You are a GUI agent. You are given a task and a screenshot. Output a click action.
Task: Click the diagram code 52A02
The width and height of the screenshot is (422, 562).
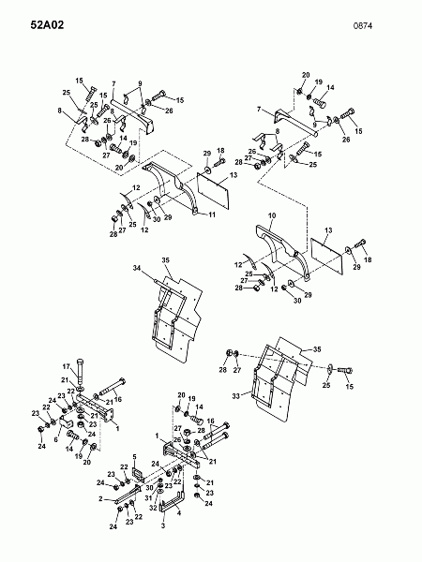tap(47, 25)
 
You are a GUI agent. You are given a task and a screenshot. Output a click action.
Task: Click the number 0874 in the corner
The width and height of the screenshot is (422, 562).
tap(362, 26)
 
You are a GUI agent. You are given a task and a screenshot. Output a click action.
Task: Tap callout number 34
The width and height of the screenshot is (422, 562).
tap(137, 268)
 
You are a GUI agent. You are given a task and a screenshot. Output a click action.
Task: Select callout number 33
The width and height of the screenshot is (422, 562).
tap(235, 396)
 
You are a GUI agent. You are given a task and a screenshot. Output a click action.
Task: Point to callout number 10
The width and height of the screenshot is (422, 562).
tap(272, 215)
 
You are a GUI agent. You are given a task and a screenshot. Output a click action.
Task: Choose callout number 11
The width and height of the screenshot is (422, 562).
tap(212, 214)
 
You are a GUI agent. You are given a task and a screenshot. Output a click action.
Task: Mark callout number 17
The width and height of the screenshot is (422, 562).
tap(67, 366)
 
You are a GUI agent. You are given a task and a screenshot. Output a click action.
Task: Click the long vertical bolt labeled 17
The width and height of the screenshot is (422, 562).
tap(80, 371)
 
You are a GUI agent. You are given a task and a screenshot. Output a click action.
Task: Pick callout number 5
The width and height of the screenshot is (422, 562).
tap(134, 457)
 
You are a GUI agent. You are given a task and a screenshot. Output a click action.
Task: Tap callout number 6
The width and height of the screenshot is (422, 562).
tap(55, 439)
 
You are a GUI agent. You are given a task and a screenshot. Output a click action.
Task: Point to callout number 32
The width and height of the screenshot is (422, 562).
tap(153, 508)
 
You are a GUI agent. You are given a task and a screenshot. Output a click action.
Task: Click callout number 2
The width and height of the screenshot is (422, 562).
tap(101, 498)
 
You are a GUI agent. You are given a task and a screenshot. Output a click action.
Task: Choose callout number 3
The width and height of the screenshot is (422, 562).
tap(163, 525)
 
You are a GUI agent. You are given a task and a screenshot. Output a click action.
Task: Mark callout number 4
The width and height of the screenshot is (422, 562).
tap(179, 512)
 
